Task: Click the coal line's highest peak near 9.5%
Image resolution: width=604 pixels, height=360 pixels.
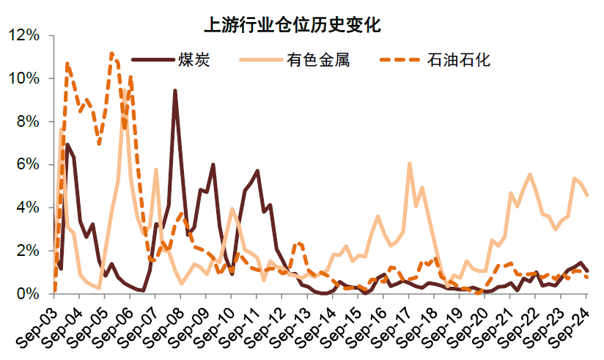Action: click(x=174, y=91)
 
